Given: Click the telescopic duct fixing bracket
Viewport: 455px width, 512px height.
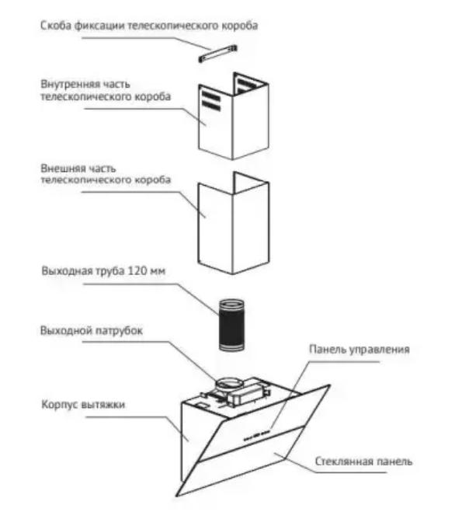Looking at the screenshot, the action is coord(217,54).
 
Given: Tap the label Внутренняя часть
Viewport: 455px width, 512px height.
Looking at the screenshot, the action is coord(85,84).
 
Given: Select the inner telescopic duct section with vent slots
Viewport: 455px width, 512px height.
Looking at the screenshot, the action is coord(234,117).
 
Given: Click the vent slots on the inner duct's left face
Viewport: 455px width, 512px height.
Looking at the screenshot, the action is coord(211,100).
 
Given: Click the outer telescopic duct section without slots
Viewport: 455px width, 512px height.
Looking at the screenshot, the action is coord(234,223).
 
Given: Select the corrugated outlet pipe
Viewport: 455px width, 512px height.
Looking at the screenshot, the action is coord(231,325).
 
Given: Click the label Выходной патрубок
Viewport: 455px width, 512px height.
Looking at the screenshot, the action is coord(92,330).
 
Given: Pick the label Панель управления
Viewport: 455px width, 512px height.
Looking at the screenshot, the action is coord(359,350).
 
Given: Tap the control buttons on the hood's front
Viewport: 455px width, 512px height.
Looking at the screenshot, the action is coord(257,434).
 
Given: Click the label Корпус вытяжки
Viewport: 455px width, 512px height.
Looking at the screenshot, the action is coord(83,405).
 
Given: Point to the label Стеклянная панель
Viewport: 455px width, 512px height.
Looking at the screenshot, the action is coord(363,461).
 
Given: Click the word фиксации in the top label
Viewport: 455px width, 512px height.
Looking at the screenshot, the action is coord(99,26).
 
